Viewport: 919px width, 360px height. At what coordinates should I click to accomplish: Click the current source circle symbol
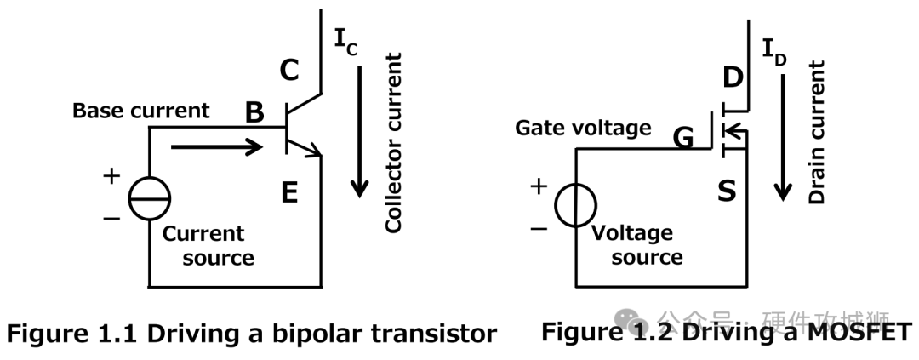150,200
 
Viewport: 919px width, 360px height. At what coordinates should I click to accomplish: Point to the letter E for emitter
289,193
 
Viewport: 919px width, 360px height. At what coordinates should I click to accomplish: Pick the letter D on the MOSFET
733,78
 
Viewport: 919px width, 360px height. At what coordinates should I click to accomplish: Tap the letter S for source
726,191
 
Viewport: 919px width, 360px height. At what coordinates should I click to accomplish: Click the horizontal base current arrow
217,147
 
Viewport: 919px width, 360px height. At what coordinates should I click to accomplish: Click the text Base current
140,111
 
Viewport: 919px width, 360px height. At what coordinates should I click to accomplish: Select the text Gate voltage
583,129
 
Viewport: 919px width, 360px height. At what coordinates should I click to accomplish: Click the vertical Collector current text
393,143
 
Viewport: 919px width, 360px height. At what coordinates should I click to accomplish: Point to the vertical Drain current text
817,132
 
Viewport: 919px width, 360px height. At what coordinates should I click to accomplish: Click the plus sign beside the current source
111,177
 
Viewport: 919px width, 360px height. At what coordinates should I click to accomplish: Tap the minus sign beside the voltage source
538,227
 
